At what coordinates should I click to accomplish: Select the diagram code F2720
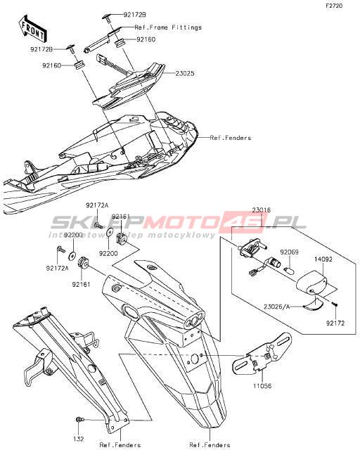[x=334, y=6]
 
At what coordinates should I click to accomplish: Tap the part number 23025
[x=185, y=73]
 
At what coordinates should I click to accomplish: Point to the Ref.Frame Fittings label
[x=168, y=27]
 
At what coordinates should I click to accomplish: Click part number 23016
[x=262, y=210]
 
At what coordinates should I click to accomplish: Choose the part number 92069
[x=290, y=252]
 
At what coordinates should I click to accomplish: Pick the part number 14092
[x=323, y=259]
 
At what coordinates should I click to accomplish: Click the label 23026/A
[x=277, y=307]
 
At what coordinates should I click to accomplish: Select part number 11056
[x=262, y=386]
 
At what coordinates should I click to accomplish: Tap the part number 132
[x=78, y=439]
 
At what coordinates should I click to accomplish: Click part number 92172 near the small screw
[x=335, y=323]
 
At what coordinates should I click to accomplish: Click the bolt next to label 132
[x=79, y=420]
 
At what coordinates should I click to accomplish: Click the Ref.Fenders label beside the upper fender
[x=231, y=138]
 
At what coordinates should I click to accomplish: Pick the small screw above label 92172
[x=335, y=304]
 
